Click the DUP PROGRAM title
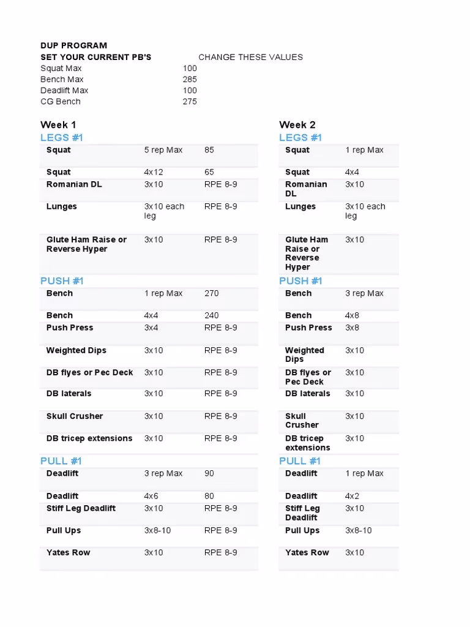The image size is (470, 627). [x=73, y=45]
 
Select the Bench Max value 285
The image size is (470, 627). [x=190, y=80]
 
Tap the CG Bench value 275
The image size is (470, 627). [x=190, y=102]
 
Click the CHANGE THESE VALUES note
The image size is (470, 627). [x=250, y=57]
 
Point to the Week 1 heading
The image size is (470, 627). [x=58, y=125]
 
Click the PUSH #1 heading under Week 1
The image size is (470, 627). [x=62, y=281]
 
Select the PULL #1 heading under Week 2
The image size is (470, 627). [x=300, y=461]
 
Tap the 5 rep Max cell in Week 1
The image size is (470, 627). [x=163, y=150]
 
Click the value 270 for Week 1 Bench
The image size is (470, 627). [x=212, y=293]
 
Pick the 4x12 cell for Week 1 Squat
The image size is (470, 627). [x=154, y=172]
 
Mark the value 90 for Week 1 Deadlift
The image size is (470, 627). [x=209, y=473]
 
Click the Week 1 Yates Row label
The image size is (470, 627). [x=68, y=552]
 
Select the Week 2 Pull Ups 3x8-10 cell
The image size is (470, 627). [x=358, y=530]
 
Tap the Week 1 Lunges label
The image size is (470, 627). [x=62, y=206]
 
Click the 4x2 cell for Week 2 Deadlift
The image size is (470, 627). [x=352, y=496]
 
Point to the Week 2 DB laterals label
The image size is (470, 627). [x=307, y=394]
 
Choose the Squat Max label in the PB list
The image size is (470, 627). [x=61, y=69]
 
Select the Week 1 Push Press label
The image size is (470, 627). [x=70, y=328]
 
